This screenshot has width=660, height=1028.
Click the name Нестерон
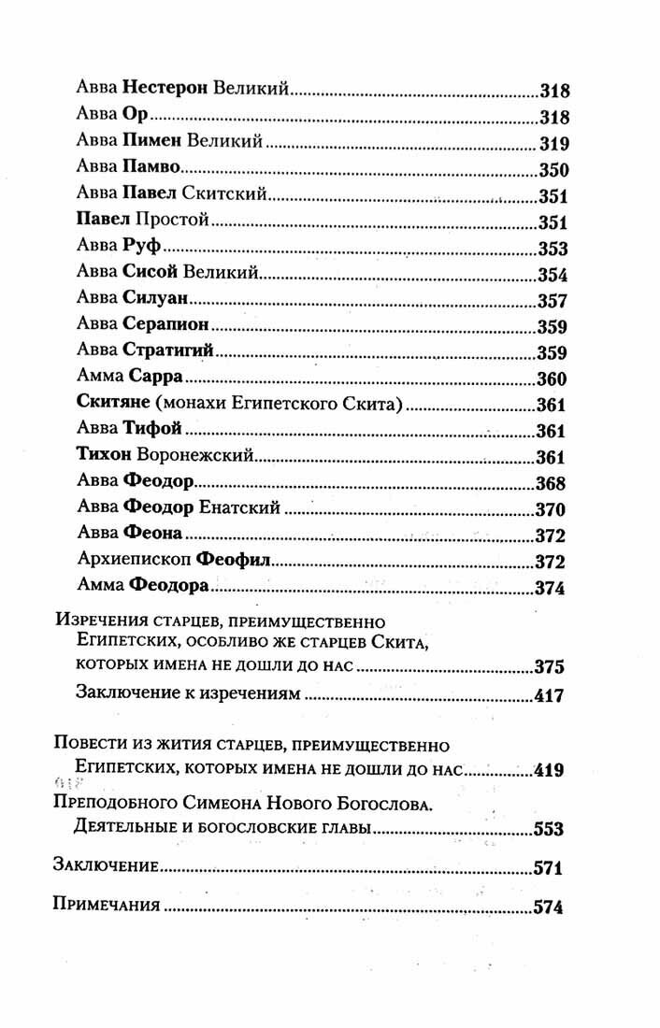(x=165, y=91)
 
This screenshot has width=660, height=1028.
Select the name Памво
(x=149, y=171)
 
